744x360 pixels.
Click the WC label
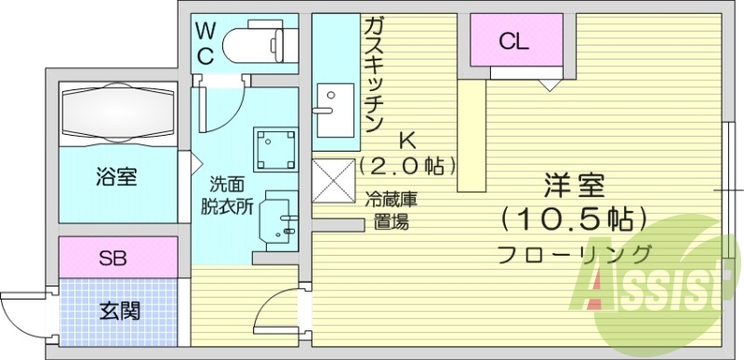(x=205, y=43)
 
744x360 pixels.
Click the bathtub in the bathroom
(x=117, y=113)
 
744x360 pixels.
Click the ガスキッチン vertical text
(x=375, y=74)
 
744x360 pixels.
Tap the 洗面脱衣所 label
(x=229, y=194)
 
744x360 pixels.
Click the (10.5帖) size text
(x=573, y=219)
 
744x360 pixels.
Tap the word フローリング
(x=574, y=252)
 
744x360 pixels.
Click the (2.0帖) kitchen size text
(x=408, y=167)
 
